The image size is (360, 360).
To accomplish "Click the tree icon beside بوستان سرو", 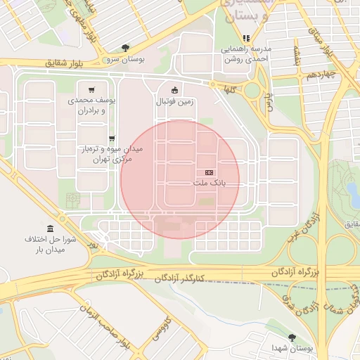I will pyautogui.click(x=125, y=48).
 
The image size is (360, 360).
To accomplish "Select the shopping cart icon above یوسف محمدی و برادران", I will pyautogui.click(x=92, y=89).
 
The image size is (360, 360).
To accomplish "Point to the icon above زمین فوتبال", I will pyautogui.click(x=174, y=89).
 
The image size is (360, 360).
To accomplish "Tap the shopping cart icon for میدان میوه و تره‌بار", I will pyautogui.click(x=112, y=138).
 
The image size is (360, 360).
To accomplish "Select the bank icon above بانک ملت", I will pyautogui.click(x=209, y=172).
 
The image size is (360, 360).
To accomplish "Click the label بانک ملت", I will pyautogui.click(x=207, y=184).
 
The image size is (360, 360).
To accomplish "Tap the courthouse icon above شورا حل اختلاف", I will pyautogui.click(x=50, y=229).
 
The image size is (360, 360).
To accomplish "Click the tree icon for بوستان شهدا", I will pyautogui.click(x=292, y=337).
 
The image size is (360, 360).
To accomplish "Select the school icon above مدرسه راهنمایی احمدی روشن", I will pyautogui.click(x=246, y=38).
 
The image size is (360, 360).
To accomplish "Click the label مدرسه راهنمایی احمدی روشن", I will pyautogui.click(x=247, y=55).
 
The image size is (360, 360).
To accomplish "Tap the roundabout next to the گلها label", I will pyautogui.click(x=252, y=90).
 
